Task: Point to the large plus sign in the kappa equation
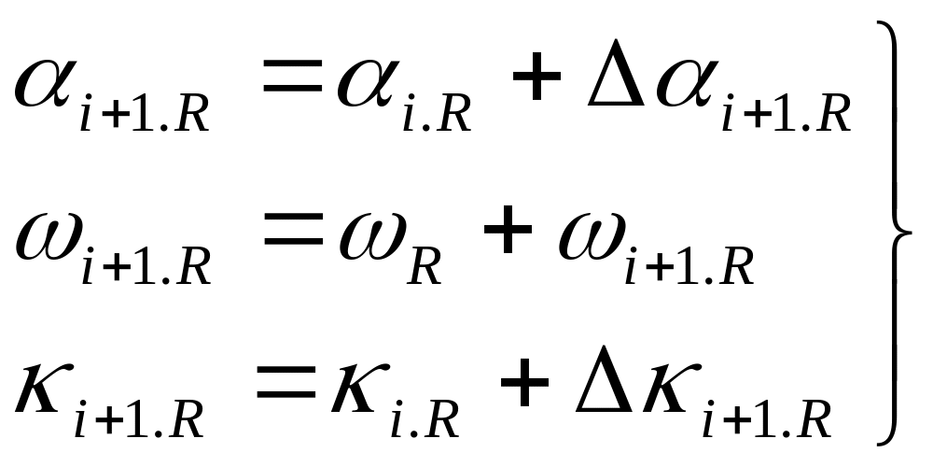(528, 384)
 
